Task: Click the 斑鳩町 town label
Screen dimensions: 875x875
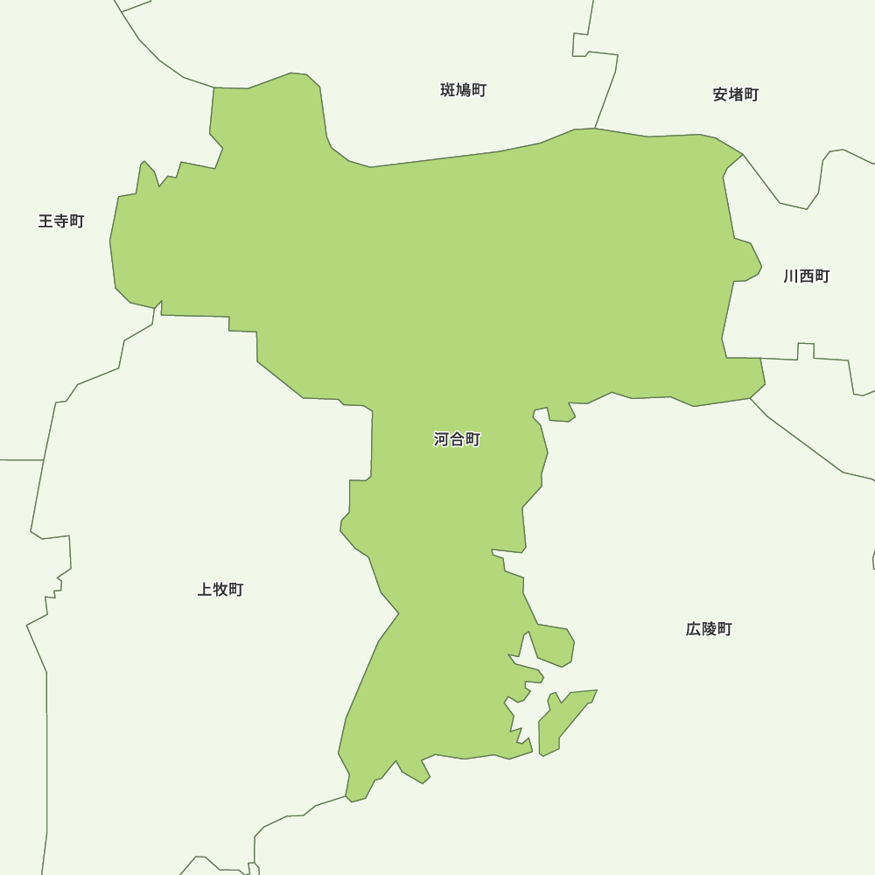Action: pyautogui.click(x=464, y=90)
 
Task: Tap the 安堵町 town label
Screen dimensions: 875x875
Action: pyautogui.click(x=736, y=94)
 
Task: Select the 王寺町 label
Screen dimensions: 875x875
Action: pyautogui.click(x=61, y=221)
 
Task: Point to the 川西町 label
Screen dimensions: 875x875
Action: pyautogui.click(x=807, y=276)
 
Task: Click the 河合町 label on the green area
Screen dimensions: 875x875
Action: pyautogui.click(x=457, y=439)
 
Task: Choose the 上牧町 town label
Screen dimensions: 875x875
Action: pyautogui.click(x=220, y=590)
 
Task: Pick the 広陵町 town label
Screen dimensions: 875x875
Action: pyautogui.click(x=709, y=629)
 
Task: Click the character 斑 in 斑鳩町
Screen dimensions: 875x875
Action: pyautogui.click(x=448, y=90)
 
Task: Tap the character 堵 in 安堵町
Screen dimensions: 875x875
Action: pyautogui.click(x=736, y=94)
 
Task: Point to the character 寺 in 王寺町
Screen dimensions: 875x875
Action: pyautogui.click(x=61, y=221)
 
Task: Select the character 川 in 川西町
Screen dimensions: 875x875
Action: pyautogui.click(x=791, y=276)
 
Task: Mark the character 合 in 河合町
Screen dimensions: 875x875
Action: pyautogui.click(x=457, y=439)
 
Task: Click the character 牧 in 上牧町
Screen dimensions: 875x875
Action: pyautogui.click(x=220, y=590)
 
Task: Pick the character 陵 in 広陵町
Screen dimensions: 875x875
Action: pyautogui.click(x=709, y=629)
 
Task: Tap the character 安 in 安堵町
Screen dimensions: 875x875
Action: pyautogui.click(x=720, y=94)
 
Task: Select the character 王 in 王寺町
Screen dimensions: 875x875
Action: pyautogui.click(x=45, y=221)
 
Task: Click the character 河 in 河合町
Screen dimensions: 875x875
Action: pyautogui.click(x=441, y=439)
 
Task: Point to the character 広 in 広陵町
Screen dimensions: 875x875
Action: pyautogui.click(x=693, y=629)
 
